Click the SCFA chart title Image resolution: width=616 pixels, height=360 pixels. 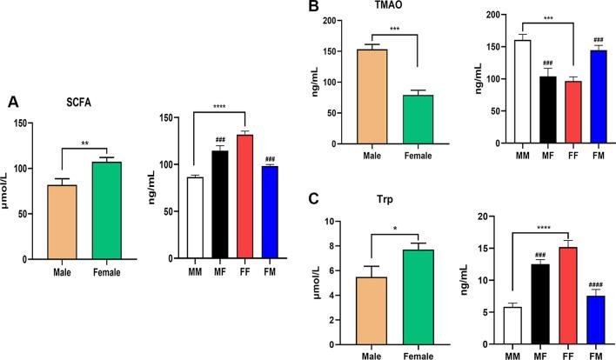(92, 100)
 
